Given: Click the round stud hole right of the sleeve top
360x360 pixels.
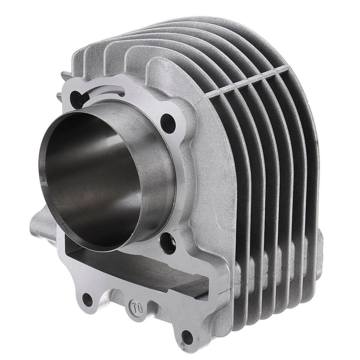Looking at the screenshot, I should point(167,119).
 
